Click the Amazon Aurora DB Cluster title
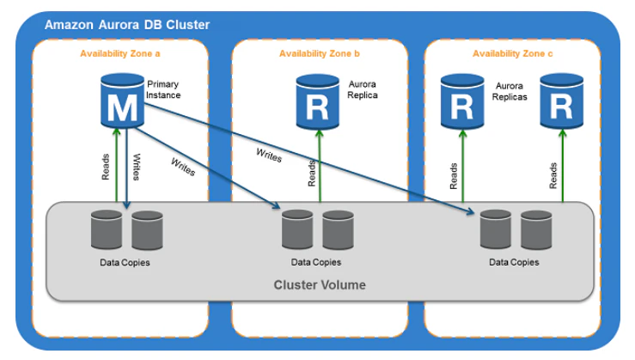[126, 24]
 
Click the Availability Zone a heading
[120, 54]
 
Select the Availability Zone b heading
[320, 54]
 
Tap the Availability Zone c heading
[513, 54]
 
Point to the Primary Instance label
[163, 90]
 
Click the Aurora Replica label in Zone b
[363, 90]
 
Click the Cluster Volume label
[319, 284]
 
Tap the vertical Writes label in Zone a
[137, 168]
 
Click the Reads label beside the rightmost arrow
[553, 175]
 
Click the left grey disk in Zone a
[107, 229]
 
